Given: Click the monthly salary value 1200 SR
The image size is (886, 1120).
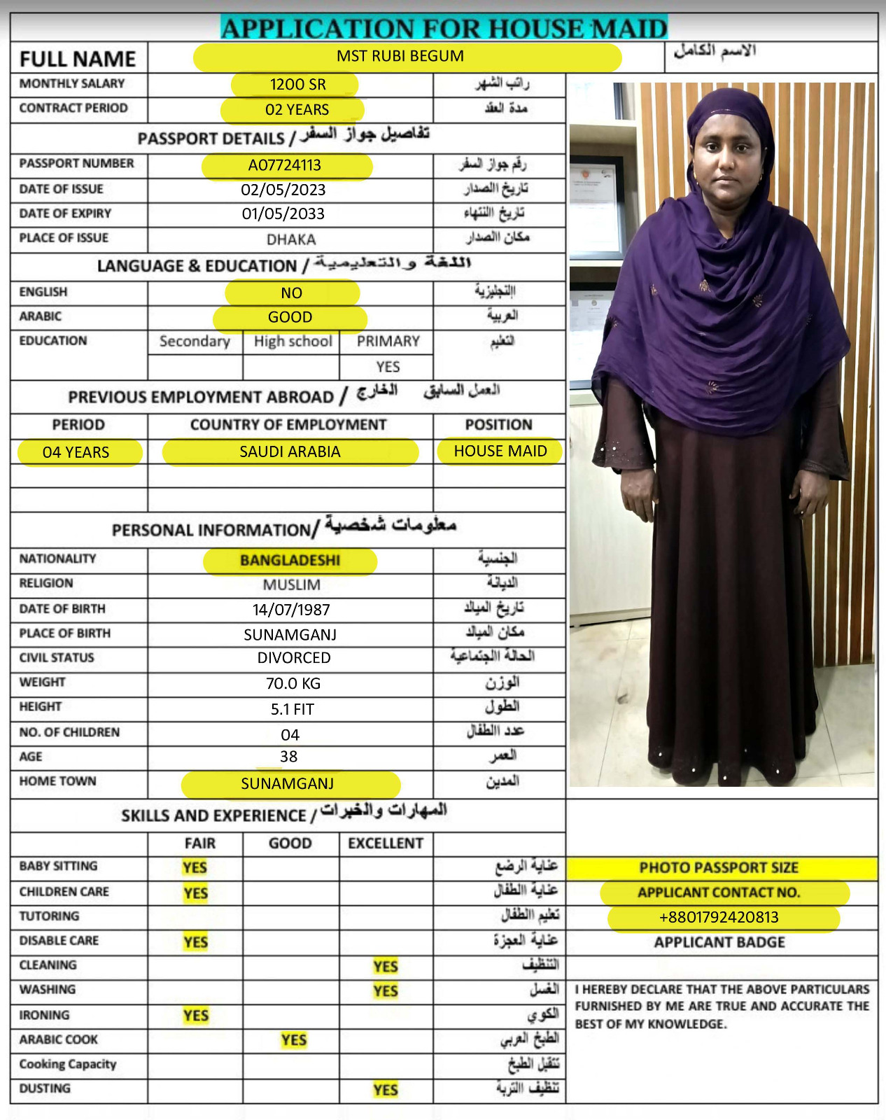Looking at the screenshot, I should point(297,85).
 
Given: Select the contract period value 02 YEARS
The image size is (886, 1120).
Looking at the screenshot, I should point(297,110).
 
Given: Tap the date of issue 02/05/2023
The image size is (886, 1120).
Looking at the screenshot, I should point(283,190).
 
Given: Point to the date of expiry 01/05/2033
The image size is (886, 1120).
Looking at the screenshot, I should point(283,214).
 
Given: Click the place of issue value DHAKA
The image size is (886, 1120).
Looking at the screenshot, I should point(291,239).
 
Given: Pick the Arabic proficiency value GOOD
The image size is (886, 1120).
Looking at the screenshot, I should point(290,317).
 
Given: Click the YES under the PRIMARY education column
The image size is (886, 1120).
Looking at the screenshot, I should point(388,367).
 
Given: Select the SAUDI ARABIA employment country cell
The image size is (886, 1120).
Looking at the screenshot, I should point(290,452).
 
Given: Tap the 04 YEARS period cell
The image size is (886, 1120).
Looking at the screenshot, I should point(76,452).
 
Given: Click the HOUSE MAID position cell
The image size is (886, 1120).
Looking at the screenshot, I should point(500,451).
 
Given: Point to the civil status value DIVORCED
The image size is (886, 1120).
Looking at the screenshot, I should point(294,658).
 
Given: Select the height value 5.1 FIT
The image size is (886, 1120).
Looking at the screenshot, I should point(293,709).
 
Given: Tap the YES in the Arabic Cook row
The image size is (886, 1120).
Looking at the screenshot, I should point(294,1040).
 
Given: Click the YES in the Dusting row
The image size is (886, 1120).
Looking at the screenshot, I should point(386,1090).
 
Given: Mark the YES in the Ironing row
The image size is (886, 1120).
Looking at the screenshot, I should point(196,1016).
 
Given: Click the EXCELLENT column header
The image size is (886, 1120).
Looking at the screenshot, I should point(386,843).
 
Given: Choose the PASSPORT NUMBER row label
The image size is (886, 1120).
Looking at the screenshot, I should point(77,164).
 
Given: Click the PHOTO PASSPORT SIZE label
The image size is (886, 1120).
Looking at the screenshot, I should point(719,868).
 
